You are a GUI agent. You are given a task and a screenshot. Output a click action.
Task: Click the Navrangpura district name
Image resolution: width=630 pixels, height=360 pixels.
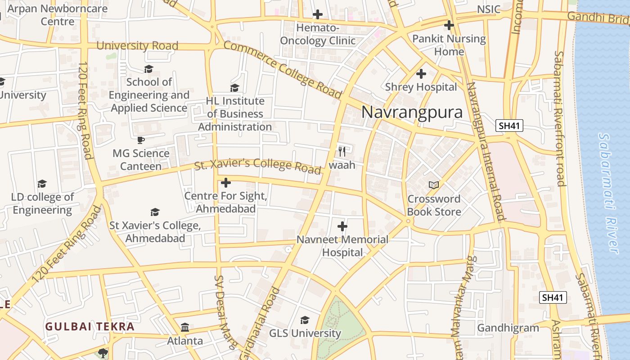(412, 112)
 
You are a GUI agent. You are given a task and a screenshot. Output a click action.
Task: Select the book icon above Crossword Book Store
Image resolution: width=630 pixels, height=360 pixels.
(434, 185)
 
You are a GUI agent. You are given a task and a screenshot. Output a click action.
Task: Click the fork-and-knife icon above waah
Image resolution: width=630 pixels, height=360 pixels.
(342, 151)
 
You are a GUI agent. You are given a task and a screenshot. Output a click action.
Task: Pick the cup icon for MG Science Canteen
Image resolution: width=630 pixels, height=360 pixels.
(141, 140)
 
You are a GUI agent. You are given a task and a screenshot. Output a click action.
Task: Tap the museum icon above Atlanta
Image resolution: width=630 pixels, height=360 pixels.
(185, 327)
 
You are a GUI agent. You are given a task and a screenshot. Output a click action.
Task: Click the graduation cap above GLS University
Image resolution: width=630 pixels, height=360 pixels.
(305, 320)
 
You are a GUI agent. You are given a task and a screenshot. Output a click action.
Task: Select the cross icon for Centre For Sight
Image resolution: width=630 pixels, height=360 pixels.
(226, 183)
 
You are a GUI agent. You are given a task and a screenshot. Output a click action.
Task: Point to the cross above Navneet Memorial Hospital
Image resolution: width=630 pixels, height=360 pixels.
(342, 226)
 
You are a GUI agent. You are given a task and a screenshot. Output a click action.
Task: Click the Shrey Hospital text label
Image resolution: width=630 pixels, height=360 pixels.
(421, 87)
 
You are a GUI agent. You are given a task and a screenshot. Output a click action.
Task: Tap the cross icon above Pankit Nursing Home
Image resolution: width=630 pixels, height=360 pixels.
(449, 25)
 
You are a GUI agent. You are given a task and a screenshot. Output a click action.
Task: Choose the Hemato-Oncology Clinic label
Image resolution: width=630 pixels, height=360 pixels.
(318, 34)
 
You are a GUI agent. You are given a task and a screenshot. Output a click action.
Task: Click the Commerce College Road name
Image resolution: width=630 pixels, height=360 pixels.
(282, 69)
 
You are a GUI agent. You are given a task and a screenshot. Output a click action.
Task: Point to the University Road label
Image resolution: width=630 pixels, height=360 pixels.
(137, 45)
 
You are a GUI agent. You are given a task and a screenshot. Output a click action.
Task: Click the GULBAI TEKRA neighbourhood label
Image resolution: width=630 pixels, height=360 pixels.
(90, 327)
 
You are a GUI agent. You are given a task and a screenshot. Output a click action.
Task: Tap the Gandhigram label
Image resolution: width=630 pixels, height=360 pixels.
(508, 328)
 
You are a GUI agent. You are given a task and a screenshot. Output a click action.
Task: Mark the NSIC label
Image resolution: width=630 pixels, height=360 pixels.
(488, 9)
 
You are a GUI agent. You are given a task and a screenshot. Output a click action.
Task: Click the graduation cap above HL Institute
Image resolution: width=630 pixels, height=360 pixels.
(234, 88)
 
